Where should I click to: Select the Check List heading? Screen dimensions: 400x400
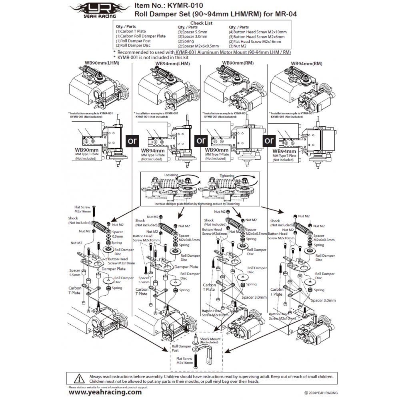pyautogui.click(x=201, y=23)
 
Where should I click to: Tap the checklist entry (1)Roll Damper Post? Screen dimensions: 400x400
pyautogui.click(x=133, y=41)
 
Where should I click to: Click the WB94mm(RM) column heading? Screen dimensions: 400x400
pyautogui.click(x=306, y=63)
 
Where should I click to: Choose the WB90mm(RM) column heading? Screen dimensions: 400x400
pyautogui.click(x=238, y=63)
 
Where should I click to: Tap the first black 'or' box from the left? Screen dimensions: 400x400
pyautogui.click(x=132, y=141)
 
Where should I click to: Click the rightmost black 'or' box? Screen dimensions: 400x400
pyautogui.click(x=269, y=140)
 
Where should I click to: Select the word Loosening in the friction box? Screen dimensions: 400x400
pyautogui.click(x=171, y=175)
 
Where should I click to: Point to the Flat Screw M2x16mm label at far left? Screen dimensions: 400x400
pyautogui.click(x=82, y=209)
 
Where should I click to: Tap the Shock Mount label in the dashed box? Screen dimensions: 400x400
pyautogui.click(x=210, y=340)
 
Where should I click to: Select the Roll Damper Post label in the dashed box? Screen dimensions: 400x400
pyautogui.click(x=181, y=348)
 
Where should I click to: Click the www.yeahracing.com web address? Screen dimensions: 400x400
pyautogui.click(x=105, y=392)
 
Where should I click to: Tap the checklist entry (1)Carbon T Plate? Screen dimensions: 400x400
pyautogui.click(x=131, y=31)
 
